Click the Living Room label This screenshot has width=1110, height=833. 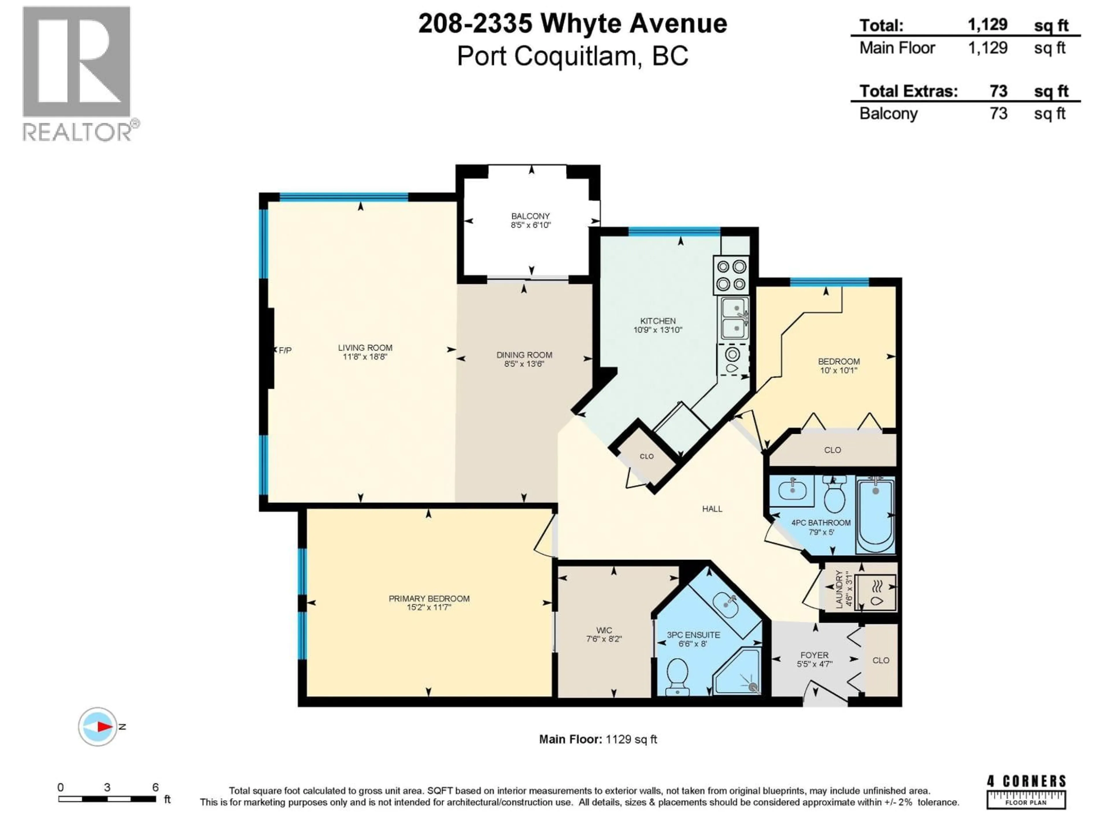[x=365, y=347]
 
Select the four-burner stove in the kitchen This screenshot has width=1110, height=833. [x=731, y=275]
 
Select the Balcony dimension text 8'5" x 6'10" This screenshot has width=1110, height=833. [x=530, y=225]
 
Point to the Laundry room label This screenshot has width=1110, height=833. [x=839, y=589]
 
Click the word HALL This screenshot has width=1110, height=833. [x=712, y=509]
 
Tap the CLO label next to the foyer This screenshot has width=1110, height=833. [x=881, y=660]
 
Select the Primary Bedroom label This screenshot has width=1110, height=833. [x=429, y=598]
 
